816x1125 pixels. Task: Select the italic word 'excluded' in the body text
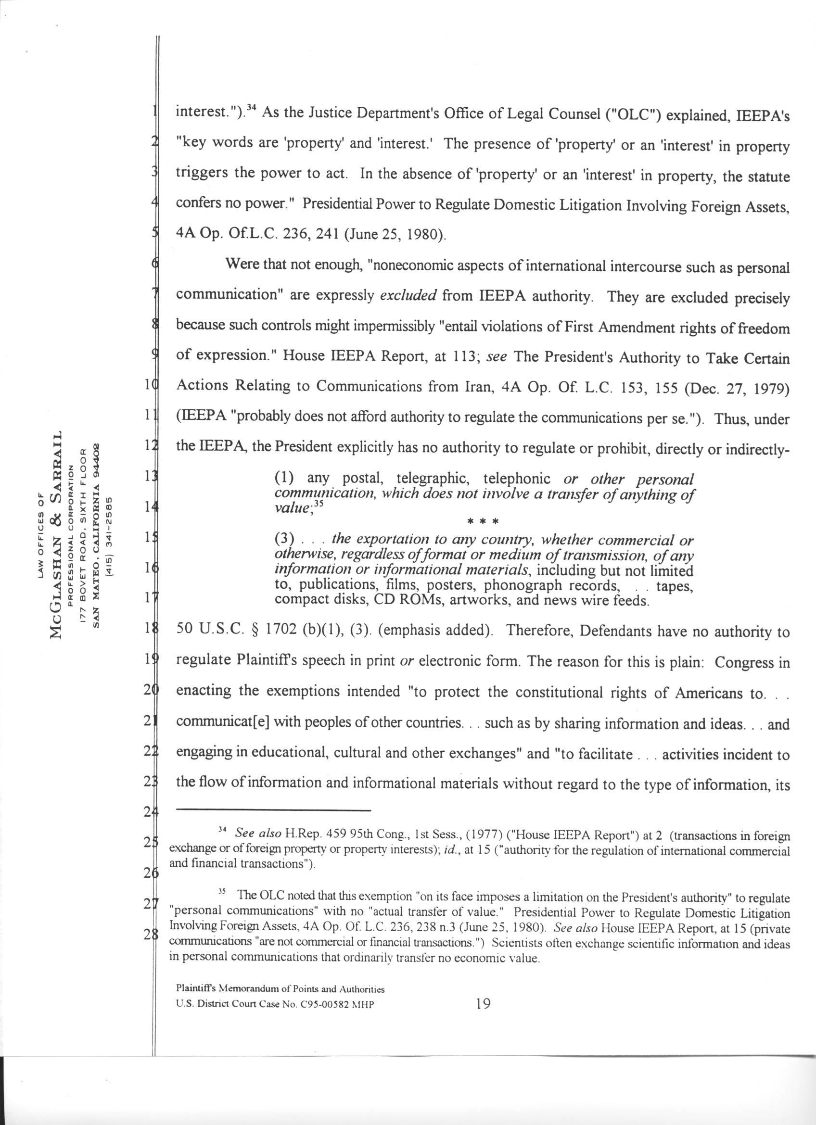coord(408,296)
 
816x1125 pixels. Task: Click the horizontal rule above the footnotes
coord(273,810)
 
